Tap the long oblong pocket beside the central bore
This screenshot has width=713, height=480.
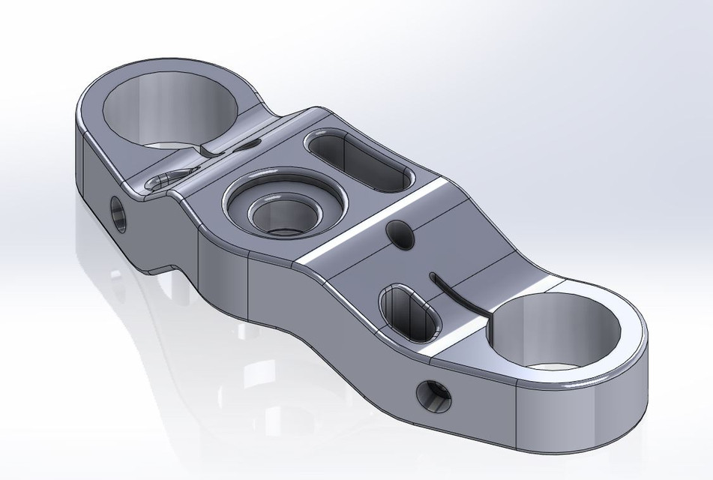click(x=358, y=160)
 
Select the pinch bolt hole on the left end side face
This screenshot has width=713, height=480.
click(x=118, y=213)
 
